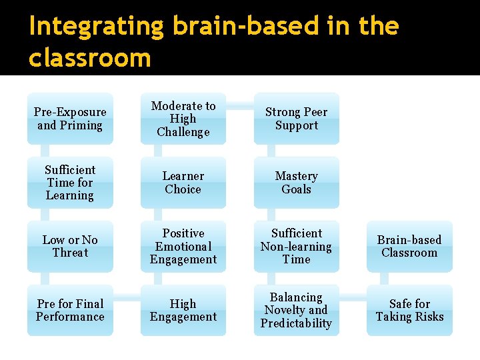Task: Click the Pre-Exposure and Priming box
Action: [70, 119]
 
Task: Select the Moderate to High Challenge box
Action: [183, 119]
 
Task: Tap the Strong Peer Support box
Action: [296, 119]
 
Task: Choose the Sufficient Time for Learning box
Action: [70, 183]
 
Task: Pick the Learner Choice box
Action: [183, 183]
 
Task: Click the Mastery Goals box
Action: [296, 183]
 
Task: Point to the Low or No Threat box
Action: [70, 246]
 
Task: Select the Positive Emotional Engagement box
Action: [183, 246]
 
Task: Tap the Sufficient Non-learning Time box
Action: [296, 246]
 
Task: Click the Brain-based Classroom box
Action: [409, 246]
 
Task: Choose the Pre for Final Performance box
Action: [70, 310]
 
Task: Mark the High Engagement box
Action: [183, 310]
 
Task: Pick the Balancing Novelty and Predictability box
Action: [296, 310]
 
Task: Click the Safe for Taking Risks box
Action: [409, 310]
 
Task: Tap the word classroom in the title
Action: [90, 58]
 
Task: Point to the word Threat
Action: [70, 253]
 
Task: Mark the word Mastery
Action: [296, 176]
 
